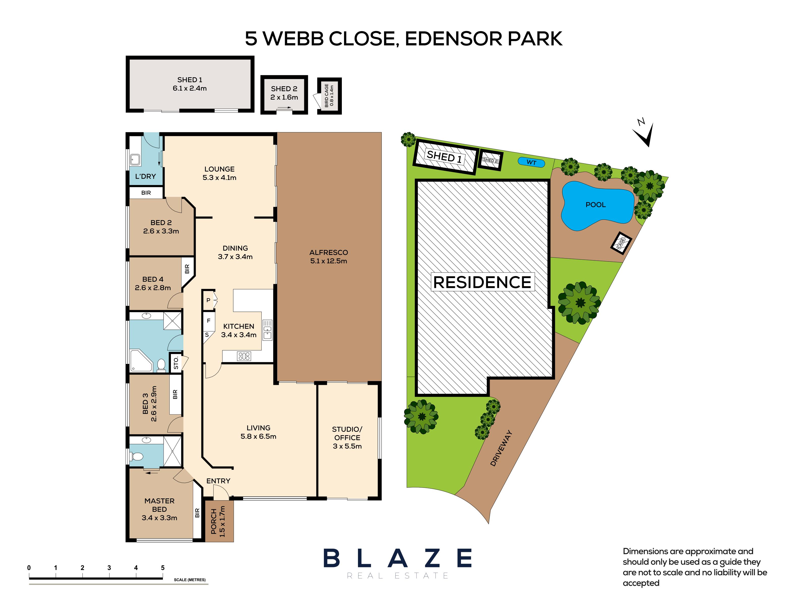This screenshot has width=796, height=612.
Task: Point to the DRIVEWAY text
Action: click(x=502, y=448)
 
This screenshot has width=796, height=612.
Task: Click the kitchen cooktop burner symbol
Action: click(x=244, y=356)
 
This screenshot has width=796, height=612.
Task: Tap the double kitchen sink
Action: click(x=268, y=330)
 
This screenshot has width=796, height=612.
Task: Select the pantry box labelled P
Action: click(x=209, y=300)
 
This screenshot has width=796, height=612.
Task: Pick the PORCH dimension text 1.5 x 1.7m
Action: click(x=223, y=521)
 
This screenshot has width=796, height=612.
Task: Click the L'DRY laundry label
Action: click(x=145, y=176)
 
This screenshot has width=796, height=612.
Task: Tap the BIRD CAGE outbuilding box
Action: click(x=329, y=96)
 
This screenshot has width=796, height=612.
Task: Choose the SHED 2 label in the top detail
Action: click(x=284, y=89)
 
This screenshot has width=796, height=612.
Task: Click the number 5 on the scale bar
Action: click(x=163, y=568)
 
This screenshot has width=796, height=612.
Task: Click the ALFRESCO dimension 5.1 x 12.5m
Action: click(x=329, y=261)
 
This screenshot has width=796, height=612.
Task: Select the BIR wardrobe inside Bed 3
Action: click(x=175, y=394)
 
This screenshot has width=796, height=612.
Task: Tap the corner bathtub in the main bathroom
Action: click(x=141, y=361)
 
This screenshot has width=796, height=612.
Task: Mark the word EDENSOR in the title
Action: click(x=453, y=39)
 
